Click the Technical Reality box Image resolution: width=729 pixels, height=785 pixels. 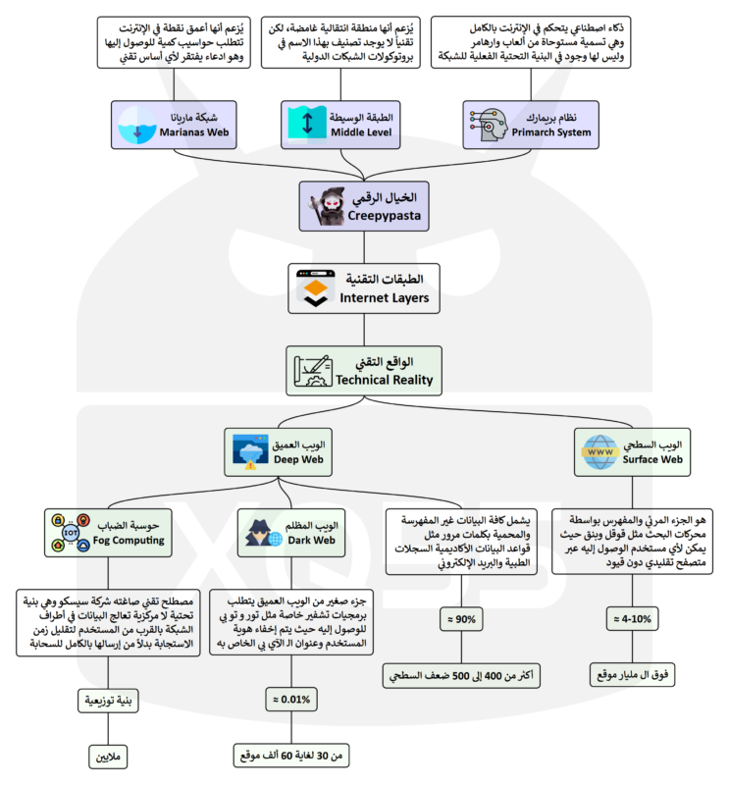tap(365, 370)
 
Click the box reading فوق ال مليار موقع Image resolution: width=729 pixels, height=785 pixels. tap(633, 675)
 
